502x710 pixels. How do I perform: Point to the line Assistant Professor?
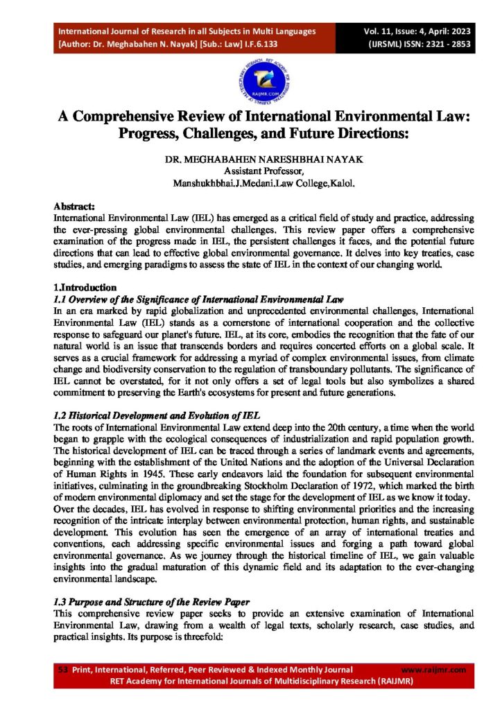250,172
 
